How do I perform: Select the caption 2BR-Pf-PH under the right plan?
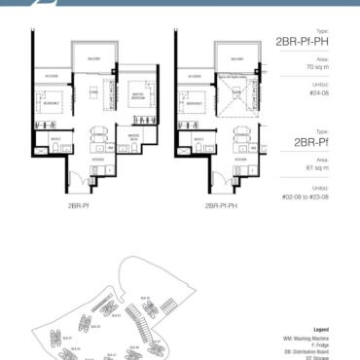(x=223, y=207)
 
